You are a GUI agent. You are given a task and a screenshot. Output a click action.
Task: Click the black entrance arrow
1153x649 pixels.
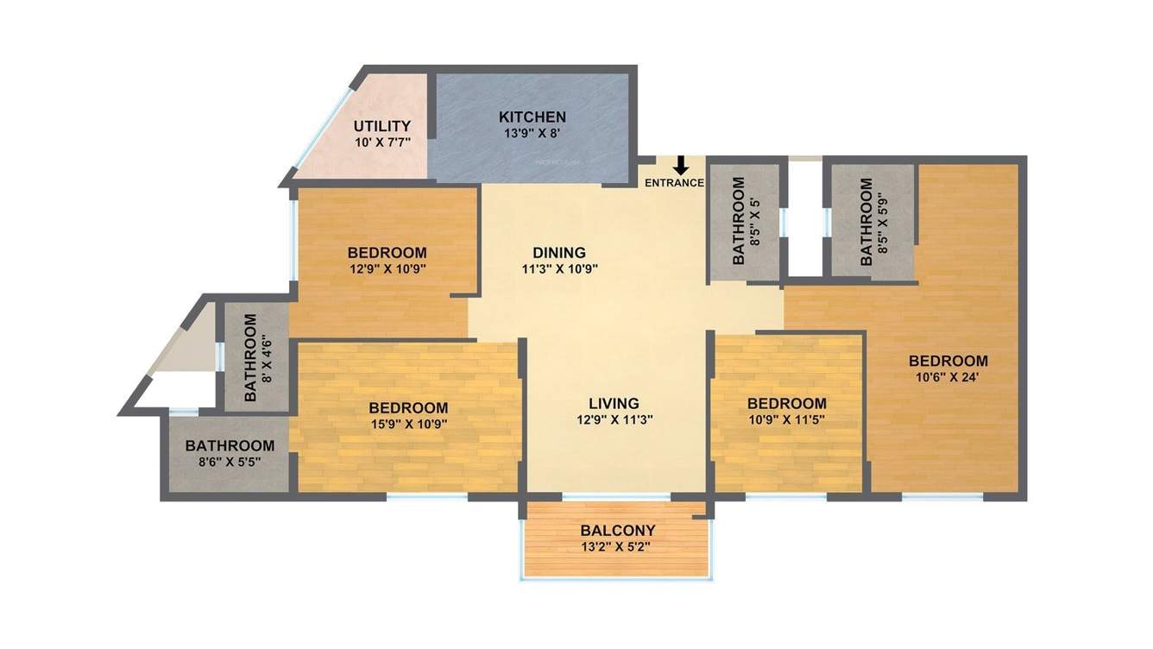click(x=681, y=166)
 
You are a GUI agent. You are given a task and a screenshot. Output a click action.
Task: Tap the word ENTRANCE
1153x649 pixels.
click(x=675, y=183)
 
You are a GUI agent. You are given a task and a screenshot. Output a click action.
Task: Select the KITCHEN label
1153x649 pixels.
click(x=532, y=117)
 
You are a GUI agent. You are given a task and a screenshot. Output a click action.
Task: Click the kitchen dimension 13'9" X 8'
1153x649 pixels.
click(x=532, y=134)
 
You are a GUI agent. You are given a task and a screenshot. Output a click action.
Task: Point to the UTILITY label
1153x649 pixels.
click(x=381, y=126)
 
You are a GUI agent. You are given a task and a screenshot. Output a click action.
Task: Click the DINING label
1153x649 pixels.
click(x=559, y=253)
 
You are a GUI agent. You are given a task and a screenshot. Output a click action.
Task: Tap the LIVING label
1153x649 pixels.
click(x=614, y=403)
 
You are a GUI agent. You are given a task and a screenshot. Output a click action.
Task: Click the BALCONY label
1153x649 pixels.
click(x=618, y=530)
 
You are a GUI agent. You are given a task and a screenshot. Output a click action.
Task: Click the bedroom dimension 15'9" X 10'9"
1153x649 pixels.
click(x=408, y=424)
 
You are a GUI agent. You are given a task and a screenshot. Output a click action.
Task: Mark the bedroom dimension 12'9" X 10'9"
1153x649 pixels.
click(x=387, y=268)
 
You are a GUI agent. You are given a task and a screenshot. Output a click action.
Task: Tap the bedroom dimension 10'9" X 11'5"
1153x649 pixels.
click(x=787, y=419)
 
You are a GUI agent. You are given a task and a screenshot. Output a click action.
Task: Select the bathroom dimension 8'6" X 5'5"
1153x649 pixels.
click(x=230, y=462)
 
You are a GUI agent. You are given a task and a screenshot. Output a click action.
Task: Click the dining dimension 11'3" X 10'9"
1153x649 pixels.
click(x=559, y=268)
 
